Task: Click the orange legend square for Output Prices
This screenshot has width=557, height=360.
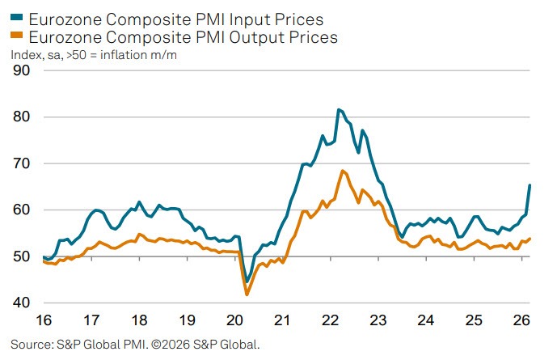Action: click(15, 37)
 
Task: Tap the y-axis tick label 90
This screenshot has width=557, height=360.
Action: click(21, 71)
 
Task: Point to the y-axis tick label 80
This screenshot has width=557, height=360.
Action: click(21, 117)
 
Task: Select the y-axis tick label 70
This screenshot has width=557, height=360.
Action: click(21, 164)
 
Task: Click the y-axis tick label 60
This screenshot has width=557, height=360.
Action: click(21, 210)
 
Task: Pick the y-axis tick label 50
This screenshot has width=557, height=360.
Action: click(21, 257)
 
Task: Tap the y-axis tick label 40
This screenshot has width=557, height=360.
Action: click(21, 303)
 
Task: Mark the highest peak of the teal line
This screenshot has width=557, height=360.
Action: click(338, 109)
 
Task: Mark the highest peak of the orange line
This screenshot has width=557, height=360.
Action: click(343, 171)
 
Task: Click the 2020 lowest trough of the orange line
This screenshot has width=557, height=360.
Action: click(247, 294)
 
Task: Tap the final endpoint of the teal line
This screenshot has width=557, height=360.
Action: click(530, 185)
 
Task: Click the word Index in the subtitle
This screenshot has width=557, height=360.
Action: click(24, 55)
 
